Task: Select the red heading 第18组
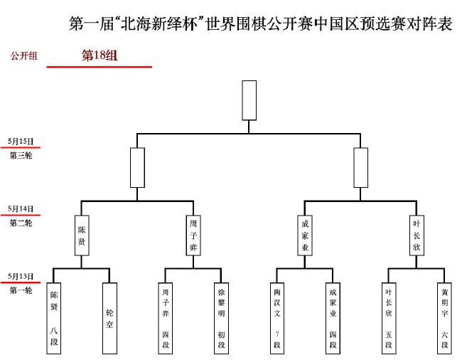coord(100,55)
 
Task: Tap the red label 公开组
coord(24,55)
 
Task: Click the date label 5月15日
coord(21,142)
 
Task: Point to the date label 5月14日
coord(21,208)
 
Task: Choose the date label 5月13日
coord(21,276)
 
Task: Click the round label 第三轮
coord(21,155)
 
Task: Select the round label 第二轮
coord(21,223)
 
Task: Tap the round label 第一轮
coord(21,290)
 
